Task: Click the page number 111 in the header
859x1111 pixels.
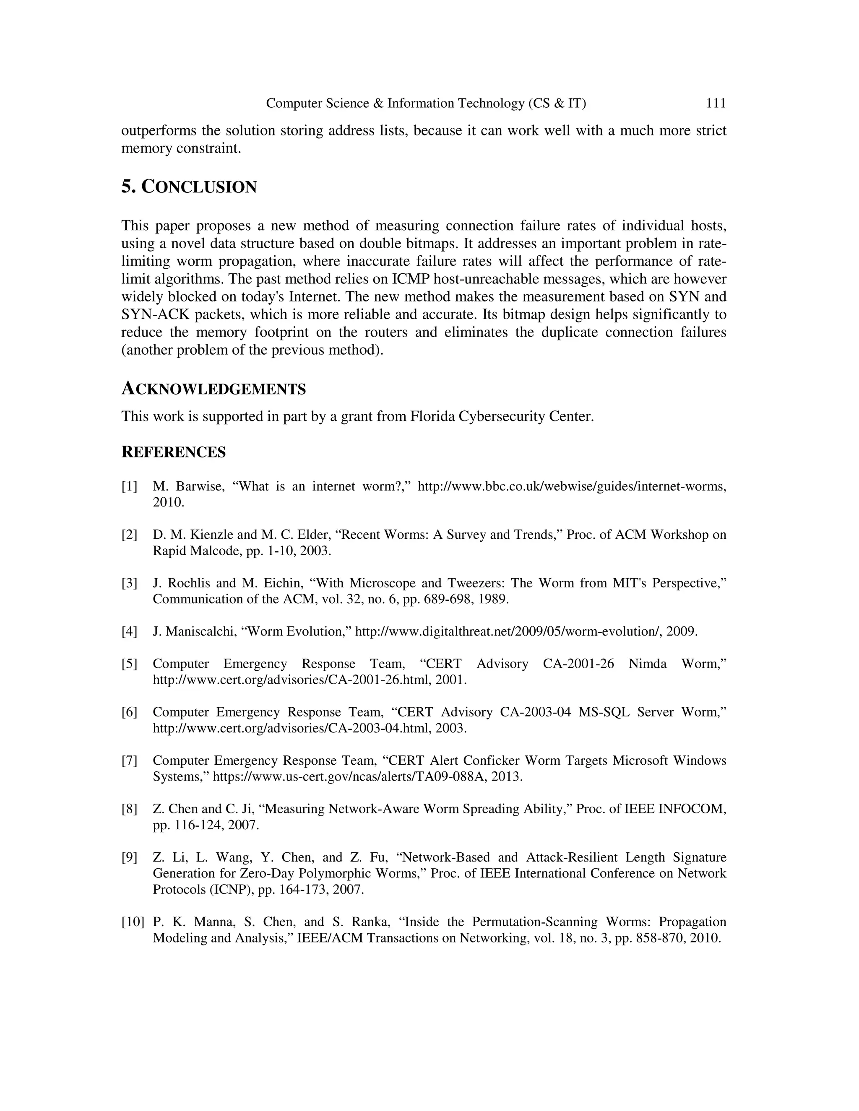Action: (x=716, y=103)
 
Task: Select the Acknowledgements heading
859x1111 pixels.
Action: (x=213, y=389)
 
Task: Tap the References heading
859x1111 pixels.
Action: (x=173, y=452)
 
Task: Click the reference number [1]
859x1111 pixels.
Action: (x=129, y=486)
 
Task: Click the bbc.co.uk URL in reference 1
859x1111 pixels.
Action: (x=572, y=486)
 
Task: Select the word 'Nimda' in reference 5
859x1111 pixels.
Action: (x=647, y=664)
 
